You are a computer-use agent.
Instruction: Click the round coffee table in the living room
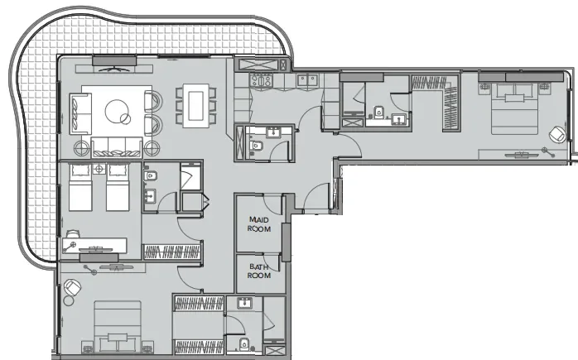tap(118, 111)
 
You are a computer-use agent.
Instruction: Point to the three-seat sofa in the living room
tap(117, 146)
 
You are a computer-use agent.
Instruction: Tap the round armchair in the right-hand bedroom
tap(557, 134)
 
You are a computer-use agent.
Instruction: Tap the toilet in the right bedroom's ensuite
tap(379, 113)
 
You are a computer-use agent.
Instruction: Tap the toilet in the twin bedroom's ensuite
tap(152, 175)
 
